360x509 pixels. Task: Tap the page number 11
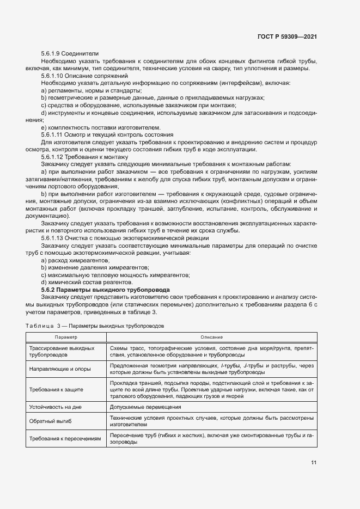[x=314, y=463]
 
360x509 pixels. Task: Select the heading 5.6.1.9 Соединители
[x=70, y=54]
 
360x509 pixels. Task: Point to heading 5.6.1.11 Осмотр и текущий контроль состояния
[x=107, y=134]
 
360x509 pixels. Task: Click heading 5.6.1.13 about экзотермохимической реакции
[x=125, y=237]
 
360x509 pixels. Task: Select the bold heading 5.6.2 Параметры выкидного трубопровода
[x=106, y=290]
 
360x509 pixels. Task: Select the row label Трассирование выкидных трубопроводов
[x=62, y=351]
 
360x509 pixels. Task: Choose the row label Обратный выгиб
[x=51, y=421]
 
